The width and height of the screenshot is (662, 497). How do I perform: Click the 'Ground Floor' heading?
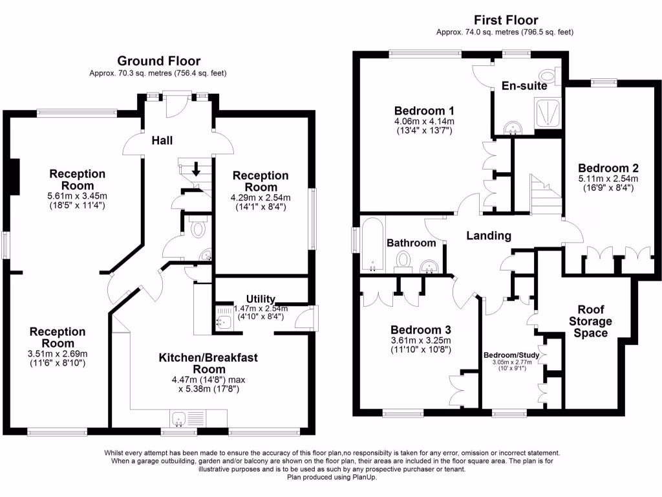click(x=158, y=61)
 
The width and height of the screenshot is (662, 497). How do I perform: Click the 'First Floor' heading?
click(x=506, y=20)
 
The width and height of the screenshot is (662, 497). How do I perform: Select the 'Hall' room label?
click(x=162, y=140)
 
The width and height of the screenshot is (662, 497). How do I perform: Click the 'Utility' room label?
click(x=261, y=299)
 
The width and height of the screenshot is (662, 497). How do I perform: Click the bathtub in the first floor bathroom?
click(x=372, y=245)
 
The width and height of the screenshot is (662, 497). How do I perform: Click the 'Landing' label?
click(x=489, y=236)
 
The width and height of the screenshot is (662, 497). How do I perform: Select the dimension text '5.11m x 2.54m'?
click(x=608, y=179)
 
